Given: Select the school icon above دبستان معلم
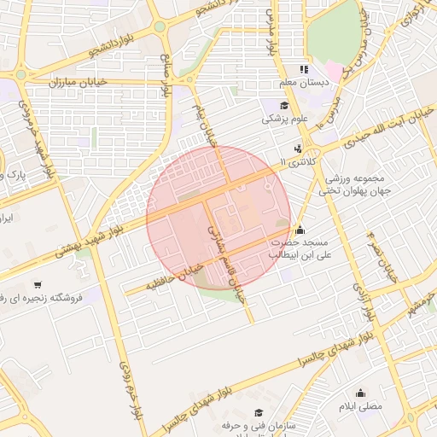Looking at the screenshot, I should click(x=302, y=69).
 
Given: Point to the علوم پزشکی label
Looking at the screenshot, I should click(x=283, y=119).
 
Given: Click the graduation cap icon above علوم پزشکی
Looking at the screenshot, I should click(x=283, y=105).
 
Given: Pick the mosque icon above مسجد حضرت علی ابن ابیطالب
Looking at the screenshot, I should click(x=299, y=229).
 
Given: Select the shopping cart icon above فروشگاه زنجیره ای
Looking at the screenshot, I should click(x=37, y=284).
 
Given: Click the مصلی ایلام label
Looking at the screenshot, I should click(x=361, y=407).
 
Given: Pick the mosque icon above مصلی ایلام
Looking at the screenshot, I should click(x=361, y=393).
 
